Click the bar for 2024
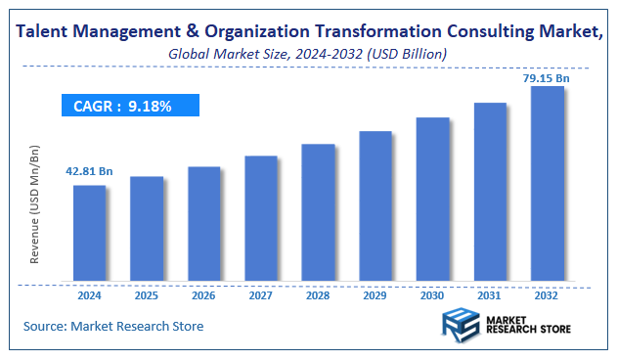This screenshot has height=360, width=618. point(90,234)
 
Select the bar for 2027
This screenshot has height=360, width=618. point(261,219)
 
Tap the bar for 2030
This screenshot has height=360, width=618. point(432,200)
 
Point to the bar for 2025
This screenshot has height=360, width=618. point(147,230)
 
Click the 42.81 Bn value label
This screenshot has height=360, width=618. point(90,171)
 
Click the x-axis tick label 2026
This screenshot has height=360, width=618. point(203,293)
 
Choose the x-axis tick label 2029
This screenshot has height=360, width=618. point(375,293)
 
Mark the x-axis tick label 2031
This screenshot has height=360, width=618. point(490,293)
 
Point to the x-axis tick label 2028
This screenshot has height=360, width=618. point(318,293)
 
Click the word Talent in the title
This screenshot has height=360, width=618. point(45,31)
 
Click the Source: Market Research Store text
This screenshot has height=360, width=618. point(113,326)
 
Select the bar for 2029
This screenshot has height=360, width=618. point(375,206)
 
